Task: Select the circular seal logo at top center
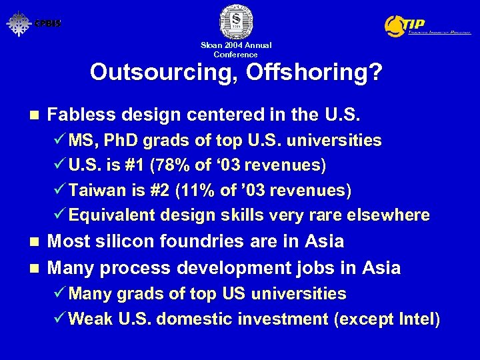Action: [236, 21]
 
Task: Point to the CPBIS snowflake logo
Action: [19, 23]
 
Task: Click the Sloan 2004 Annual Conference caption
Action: [236, 50]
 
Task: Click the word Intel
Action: [417, 319]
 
